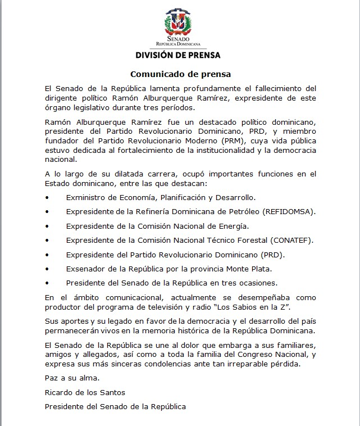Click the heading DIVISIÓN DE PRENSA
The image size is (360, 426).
(178, 55)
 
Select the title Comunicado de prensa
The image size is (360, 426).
(180, 74)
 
